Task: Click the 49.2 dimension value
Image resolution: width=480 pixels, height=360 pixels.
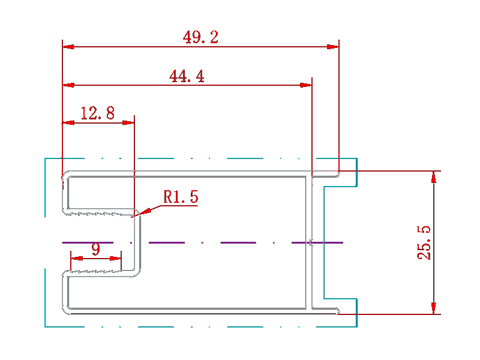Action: click(200, 37)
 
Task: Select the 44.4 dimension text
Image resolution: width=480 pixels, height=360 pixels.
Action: click(187, 76)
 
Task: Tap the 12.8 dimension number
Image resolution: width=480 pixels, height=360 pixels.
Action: click(98, 113)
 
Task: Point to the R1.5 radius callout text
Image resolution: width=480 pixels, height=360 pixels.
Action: click(181, 197)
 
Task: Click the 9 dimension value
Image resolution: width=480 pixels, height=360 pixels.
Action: click(96, 249)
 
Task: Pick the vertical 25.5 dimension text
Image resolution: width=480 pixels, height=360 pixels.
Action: click(424, 243)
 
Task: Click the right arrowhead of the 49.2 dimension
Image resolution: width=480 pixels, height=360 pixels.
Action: click(333, 47)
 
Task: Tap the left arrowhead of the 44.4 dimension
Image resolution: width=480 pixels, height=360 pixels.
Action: click(68, 85)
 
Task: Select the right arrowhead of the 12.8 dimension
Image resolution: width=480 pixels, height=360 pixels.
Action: click(128, 123)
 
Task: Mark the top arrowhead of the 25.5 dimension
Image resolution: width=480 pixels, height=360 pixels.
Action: click(433, 177)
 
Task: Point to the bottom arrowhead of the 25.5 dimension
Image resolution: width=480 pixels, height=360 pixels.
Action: click(433, 308)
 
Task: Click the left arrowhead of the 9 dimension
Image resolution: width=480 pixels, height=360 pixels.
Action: click(77, 259)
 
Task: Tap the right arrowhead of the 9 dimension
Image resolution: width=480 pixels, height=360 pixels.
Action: click(115, 259)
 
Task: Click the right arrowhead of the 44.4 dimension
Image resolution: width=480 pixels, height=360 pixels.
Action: click(306, 85)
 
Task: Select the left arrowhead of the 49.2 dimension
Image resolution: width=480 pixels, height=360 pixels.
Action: click(68, 47)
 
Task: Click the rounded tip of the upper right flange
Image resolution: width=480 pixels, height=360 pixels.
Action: click(338, 174)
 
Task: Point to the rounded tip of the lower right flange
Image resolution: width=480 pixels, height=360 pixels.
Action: click(338, 311)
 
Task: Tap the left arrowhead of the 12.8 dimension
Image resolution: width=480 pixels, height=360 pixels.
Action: click(68, 123)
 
